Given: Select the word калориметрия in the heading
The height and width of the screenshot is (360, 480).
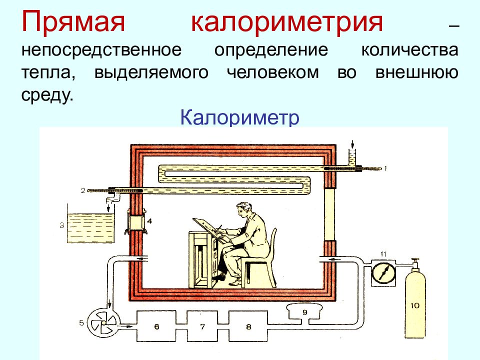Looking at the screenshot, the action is pyautogui.click(x=287, y=22).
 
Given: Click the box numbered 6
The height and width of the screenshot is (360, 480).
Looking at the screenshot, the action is pyautogui.click(x=156, y=326).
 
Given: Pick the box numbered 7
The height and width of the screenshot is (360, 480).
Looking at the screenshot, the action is pyautogui.click(x=202, y=326).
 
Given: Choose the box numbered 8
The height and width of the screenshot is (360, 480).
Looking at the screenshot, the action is pyautogui.click(x=248, y=326).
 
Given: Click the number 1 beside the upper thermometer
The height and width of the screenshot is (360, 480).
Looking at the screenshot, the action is pyautogui.click(x=385, y=168).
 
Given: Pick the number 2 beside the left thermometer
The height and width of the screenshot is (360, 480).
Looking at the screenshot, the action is pyautogui.click(x=83, y=190).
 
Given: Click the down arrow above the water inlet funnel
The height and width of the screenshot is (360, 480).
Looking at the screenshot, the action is pyautogui.click(x=352, y=144).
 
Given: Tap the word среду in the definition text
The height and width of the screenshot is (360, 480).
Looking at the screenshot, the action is pyautogui.click(x=47, y=95).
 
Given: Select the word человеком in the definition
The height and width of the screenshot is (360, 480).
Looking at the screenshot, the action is pyautogui.click(x=273, y=72).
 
